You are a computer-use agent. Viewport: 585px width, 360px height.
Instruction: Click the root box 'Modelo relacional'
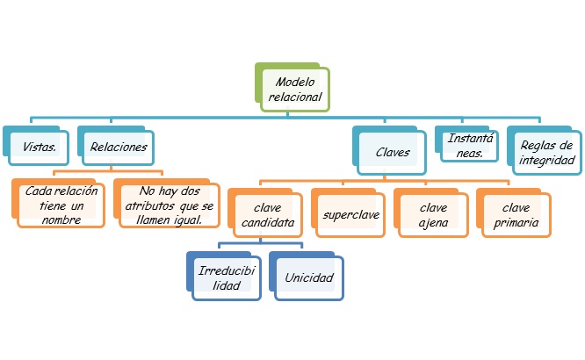295,90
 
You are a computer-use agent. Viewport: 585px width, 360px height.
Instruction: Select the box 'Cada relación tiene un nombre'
54,206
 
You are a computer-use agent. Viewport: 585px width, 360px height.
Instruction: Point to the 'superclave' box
350,215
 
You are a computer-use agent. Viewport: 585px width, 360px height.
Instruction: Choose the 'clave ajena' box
433,215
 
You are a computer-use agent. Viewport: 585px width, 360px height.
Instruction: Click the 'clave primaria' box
516,215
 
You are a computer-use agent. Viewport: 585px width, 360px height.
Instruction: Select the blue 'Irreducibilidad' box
227,278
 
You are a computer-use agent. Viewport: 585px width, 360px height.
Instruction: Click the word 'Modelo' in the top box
295,82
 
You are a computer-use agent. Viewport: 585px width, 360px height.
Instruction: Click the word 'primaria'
516,223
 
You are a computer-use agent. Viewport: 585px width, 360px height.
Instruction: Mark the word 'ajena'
433,223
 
